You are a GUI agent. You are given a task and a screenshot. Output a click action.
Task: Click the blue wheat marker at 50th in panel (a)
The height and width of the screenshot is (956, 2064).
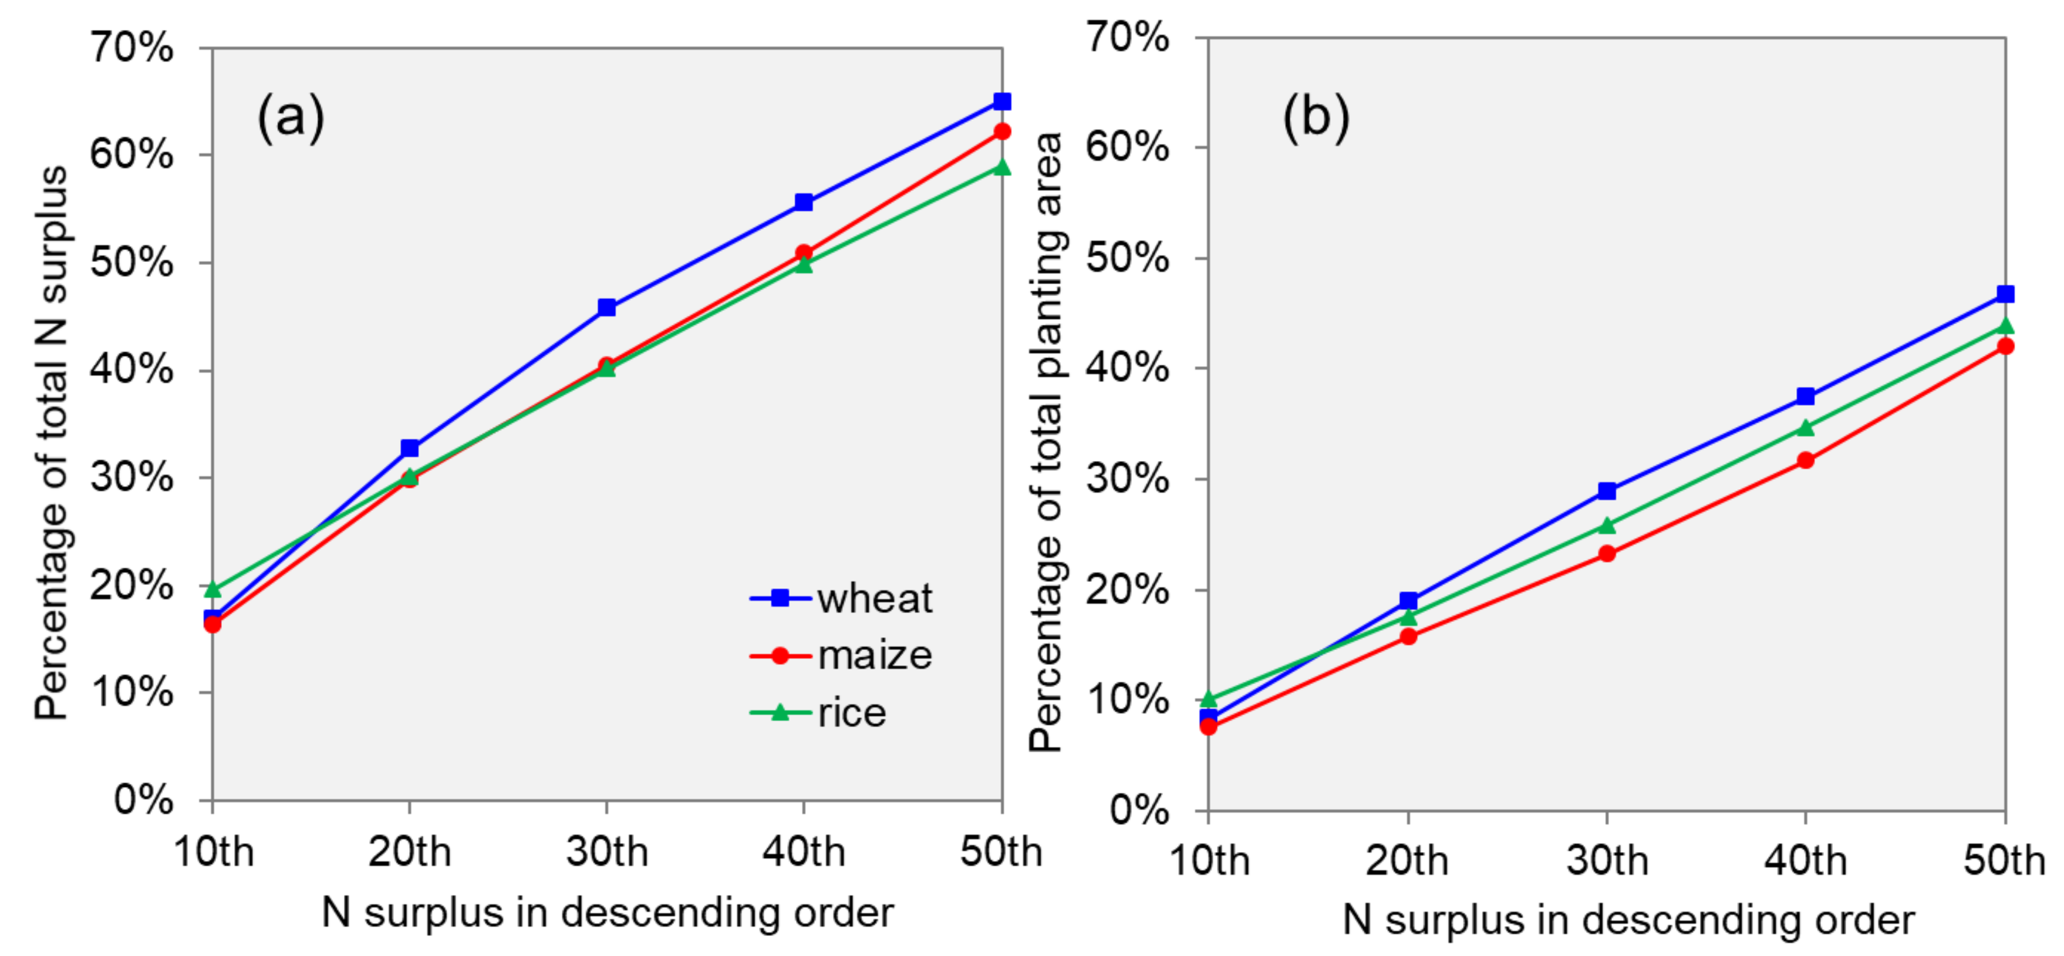tap(1001, 101)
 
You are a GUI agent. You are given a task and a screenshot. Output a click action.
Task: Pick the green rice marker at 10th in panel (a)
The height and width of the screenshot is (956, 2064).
tap(213, 590)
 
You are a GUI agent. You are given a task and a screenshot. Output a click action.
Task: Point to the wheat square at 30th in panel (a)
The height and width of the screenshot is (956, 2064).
tap(606, 308)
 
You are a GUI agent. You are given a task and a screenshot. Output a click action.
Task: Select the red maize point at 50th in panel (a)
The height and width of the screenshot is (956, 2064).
tap(1001, 132)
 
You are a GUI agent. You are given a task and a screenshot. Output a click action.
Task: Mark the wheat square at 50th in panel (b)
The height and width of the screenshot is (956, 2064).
tap(2005, 294)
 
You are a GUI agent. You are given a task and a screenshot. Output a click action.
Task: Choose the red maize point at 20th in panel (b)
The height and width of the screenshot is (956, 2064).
tap(1408, 637)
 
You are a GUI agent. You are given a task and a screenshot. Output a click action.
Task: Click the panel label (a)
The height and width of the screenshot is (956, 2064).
tap(290, 118)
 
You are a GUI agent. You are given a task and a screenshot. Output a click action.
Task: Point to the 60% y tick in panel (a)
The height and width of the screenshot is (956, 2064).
tap(131, 154)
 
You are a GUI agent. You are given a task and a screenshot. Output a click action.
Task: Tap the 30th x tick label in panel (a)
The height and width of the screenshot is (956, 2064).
tap(606, 851)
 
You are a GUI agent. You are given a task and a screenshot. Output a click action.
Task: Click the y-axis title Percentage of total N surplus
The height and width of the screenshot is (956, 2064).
tap(50, 442)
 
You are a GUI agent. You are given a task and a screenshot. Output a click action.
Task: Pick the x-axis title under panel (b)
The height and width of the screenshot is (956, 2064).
tap(1628, 919)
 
